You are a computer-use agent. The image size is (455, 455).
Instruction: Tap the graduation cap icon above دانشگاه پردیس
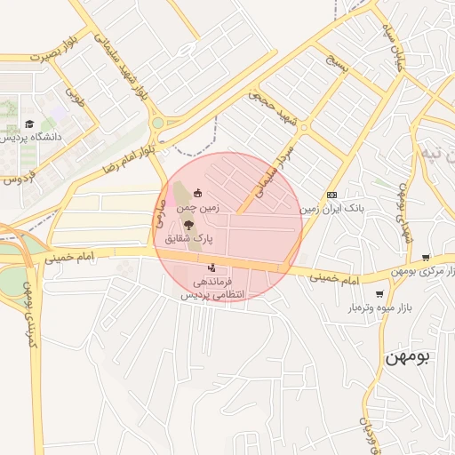pos(29,124)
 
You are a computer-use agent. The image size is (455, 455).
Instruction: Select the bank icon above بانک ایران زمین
pos(331,195)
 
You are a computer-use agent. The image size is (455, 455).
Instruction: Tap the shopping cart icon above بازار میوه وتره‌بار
pos(379,294)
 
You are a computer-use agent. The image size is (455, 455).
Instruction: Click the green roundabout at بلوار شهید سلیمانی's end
pos(157,124)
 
